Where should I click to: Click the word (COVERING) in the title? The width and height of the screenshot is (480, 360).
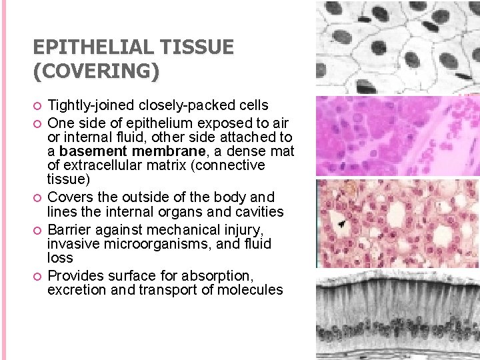click(96, 71)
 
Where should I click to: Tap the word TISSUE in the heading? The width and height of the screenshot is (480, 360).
click(201, 47)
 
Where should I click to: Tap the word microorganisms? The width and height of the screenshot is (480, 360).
click(153, 243)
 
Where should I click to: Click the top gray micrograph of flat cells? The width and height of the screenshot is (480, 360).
click(397, 47)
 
